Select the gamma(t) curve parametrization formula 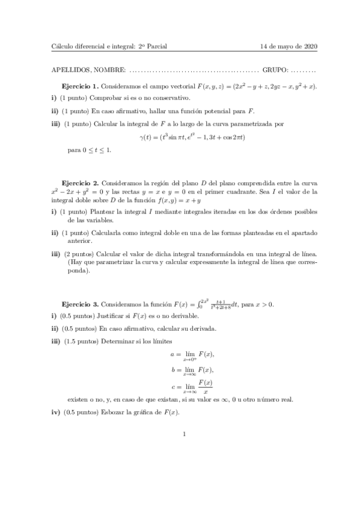pyautogui.click(x=184, y=138)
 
